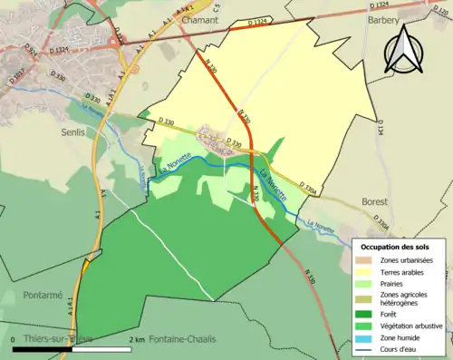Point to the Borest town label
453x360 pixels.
pyautogui.click(x=374, y=201)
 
